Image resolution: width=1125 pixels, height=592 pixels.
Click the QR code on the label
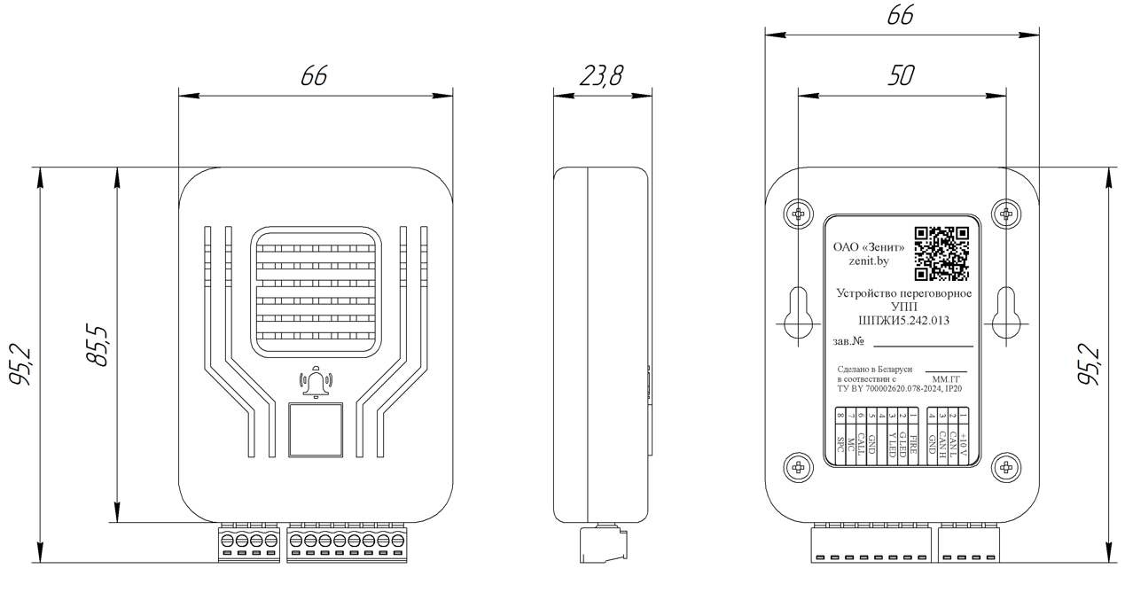941,254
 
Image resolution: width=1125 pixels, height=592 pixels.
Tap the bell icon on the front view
316,383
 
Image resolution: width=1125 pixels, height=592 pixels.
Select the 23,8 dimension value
600,77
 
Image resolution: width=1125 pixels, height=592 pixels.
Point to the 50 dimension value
902,77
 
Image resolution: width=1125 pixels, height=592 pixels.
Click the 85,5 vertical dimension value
96,346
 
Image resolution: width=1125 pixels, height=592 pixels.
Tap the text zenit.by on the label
869,262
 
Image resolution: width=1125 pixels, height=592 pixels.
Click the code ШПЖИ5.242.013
904,321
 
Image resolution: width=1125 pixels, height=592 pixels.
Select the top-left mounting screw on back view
799,214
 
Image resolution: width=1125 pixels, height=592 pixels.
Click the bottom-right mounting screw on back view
1005,467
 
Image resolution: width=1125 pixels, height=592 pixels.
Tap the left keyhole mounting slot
799,312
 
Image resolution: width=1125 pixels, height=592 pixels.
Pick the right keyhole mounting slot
1005,312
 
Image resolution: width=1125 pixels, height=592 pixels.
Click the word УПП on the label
904,307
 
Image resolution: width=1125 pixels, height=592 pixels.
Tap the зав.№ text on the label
849,341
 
